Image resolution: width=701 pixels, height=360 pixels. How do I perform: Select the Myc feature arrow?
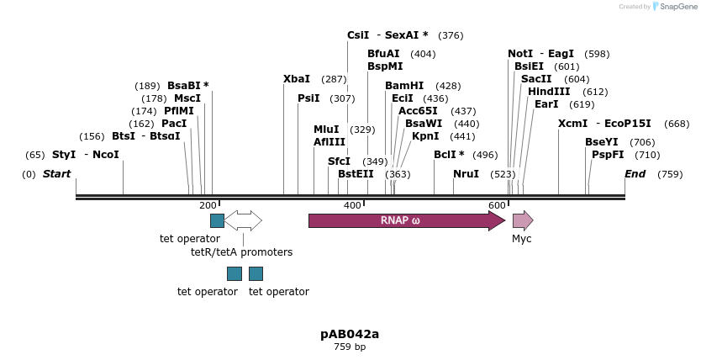coord(522,220)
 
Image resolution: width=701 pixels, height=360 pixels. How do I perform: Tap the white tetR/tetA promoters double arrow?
coord(243,220)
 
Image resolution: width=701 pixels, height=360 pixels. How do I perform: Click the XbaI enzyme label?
coord(297,79)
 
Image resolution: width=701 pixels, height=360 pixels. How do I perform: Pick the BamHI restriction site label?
coord(404,86)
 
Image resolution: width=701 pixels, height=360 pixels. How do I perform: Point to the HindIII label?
coord(549,92)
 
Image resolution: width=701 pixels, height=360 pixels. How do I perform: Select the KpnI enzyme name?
coord(425,136)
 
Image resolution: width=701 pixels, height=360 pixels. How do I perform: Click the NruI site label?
coord(466,174)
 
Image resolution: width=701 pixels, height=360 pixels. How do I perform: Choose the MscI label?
coord(187,98)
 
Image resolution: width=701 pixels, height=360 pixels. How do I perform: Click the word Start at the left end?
coord(57,174)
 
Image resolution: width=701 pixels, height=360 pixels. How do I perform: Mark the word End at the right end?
coord(635,174)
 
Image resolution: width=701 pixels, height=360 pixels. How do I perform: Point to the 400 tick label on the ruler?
coord(352,205)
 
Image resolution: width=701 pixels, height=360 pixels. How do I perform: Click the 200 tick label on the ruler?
coord(208,205)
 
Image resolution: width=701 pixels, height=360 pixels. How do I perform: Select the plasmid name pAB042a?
coord(350,334)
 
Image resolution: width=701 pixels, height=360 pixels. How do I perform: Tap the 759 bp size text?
coord(350,347)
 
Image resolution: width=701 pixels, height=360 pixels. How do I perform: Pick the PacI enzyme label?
coord(174,124)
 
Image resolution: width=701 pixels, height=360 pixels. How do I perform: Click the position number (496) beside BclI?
coord(485,155)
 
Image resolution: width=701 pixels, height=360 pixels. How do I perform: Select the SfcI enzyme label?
coord(339,161)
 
